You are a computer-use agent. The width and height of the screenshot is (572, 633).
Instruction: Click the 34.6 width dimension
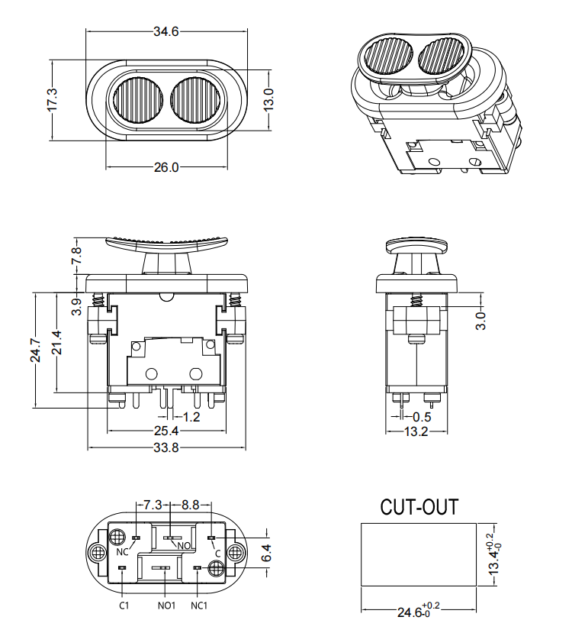click(x=165, y=31)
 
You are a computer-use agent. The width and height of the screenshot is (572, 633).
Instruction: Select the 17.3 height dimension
click(x=52, y=100)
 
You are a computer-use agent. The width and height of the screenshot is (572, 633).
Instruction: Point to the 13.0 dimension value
click(x=268, y=100)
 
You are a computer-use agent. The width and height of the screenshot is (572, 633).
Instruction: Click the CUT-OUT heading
click(x=419, y=507)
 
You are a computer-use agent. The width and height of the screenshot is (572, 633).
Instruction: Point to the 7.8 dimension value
click(x=76, y=257)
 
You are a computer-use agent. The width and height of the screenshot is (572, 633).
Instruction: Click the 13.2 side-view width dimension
click(x=416, y=432)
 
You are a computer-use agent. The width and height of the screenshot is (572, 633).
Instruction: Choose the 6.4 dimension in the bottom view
click(x=265, y=552)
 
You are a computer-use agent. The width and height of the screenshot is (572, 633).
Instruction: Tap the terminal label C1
click(x=124, y=606)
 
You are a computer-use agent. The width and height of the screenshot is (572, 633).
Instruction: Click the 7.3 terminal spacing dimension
click(x=153, y=505)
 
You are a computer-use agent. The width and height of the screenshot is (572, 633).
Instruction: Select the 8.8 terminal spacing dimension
click(x=191, y=505)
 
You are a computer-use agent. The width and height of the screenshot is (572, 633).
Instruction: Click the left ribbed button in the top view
click(x=137, y=101)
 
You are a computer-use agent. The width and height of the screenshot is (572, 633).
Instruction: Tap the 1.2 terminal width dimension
click(x=191, y=417)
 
